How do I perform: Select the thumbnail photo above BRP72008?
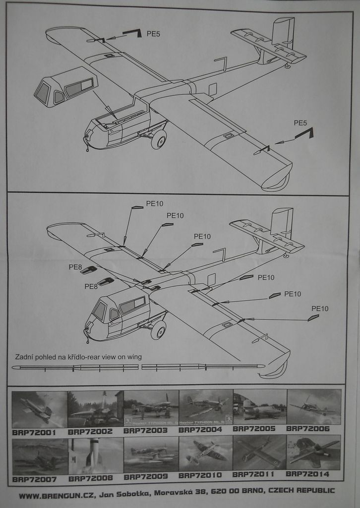pos(95,455)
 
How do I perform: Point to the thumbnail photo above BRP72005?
pos(259,407)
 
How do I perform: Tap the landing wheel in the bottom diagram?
pos(159,329)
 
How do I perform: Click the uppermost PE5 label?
pos(153,34)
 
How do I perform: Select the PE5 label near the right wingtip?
pos(300,123)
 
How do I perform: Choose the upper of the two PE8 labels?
pos(75,267)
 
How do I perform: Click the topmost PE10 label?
pos(154,203)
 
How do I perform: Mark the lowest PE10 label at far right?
pos(320,309)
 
